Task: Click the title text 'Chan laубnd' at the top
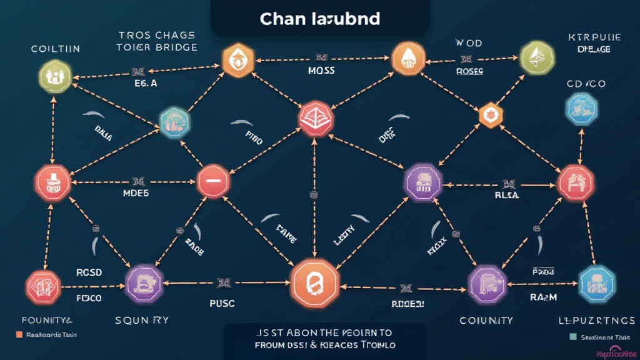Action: [319, 19]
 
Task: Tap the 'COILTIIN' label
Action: [55, 49]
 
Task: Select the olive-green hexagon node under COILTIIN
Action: [55, 77]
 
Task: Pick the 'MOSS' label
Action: [321, 71]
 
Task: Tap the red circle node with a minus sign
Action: [214, 182]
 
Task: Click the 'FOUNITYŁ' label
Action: [47, 321]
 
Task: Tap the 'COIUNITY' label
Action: [486, 320]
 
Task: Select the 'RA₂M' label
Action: [543, 297]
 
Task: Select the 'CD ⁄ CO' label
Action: [586, 84]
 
